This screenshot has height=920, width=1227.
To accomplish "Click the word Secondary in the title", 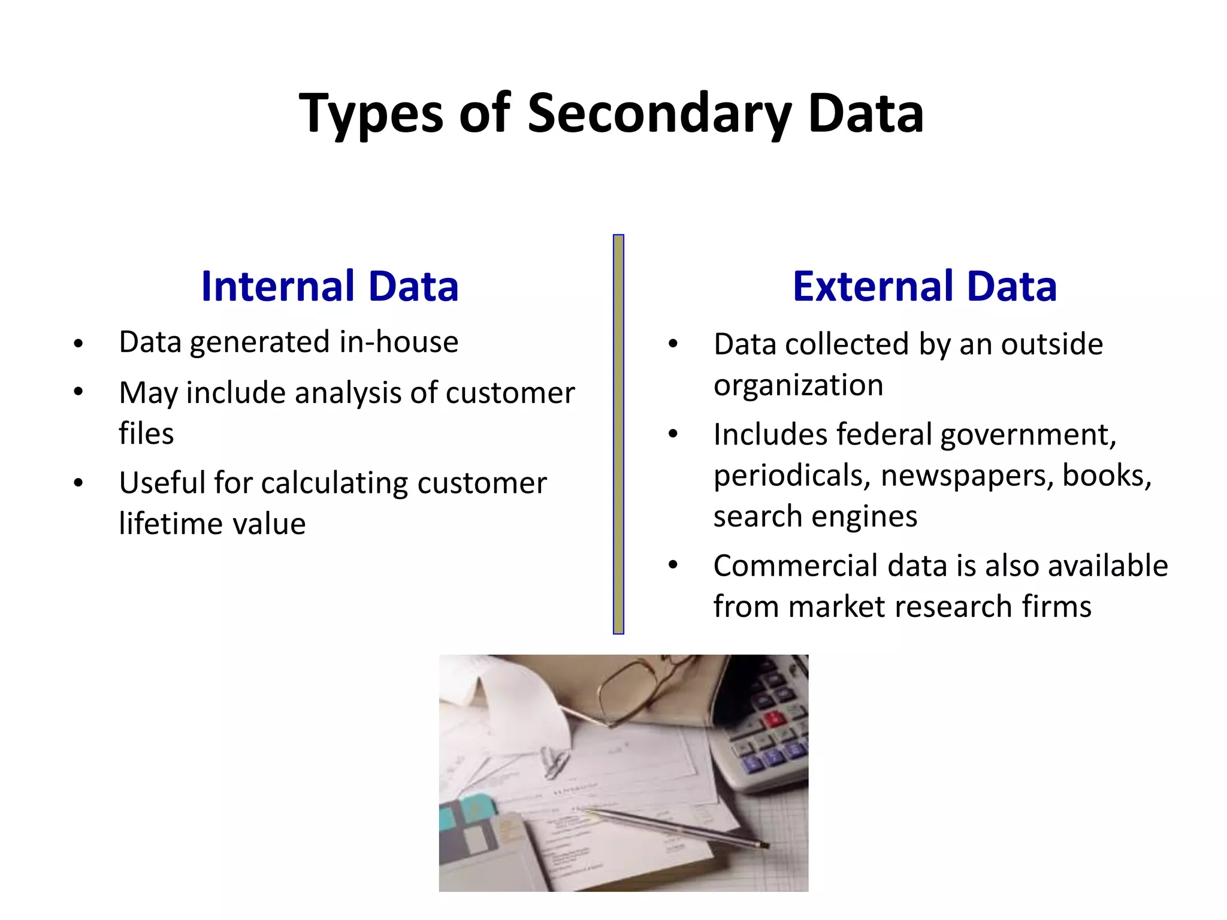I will pos(659,114).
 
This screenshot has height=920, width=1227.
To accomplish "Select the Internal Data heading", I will pos(330,286).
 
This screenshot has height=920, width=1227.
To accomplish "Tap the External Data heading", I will pos(924,286).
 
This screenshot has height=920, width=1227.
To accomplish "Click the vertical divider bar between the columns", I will pos(618,434).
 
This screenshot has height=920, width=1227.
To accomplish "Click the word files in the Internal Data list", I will pos(146,434).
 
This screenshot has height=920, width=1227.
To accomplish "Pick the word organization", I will pos(798,385).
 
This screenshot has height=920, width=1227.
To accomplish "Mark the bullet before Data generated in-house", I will pos(78,344).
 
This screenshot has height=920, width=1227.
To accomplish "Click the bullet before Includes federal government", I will pos(673,434).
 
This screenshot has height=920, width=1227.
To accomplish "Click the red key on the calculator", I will pos(774,718).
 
